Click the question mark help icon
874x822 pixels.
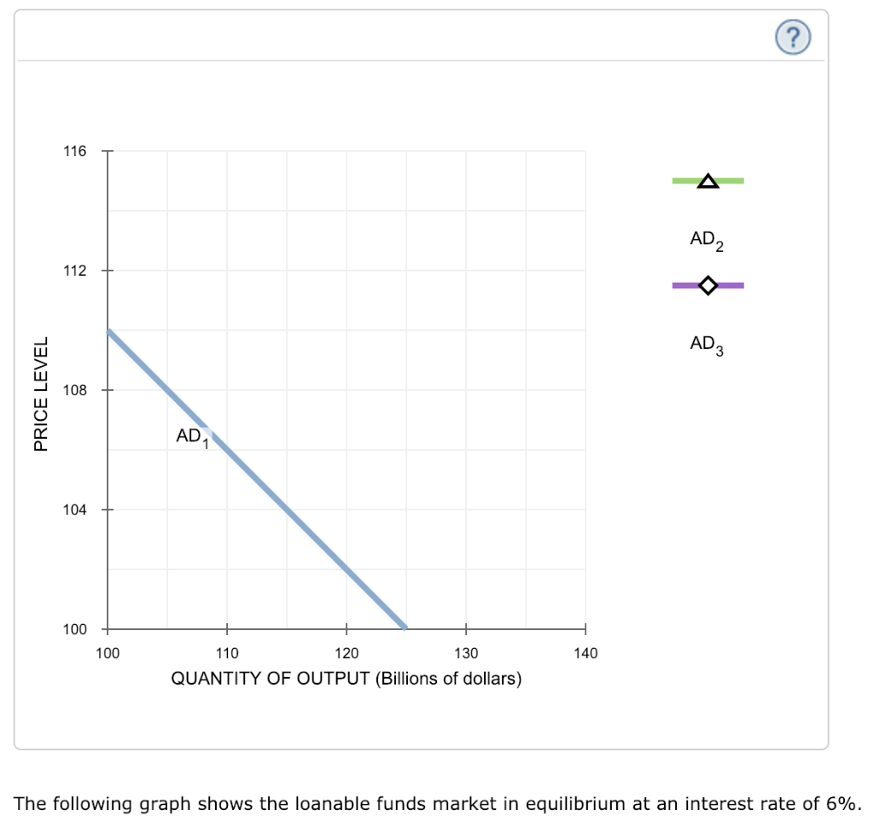[794, 36]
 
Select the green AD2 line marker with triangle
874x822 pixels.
[708, 181]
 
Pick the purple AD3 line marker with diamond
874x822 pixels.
[708, 285]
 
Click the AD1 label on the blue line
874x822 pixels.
[192, 436]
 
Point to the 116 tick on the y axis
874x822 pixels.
[74, 152]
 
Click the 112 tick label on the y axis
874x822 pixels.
[74, 271]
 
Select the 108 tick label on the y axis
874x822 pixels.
[74, 391]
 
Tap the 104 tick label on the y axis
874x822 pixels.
[74, 510]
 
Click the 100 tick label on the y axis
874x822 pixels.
[74, 630]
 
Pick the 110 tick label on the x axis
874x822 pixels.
[227, 654]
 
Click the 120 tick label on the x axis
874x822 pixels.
[347, 654]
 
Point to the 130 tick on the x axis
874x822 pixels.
[466, 654]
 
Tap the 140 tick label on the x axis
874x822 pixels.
[586, 654]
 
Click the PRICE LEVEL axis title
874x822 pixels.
[39, 392]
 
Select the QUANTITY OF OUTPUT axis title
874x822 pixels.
[347, 679]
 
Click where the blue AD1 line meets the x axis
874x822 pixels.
[405, 629]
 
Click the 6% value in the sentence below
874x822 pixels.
[840, 803]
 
